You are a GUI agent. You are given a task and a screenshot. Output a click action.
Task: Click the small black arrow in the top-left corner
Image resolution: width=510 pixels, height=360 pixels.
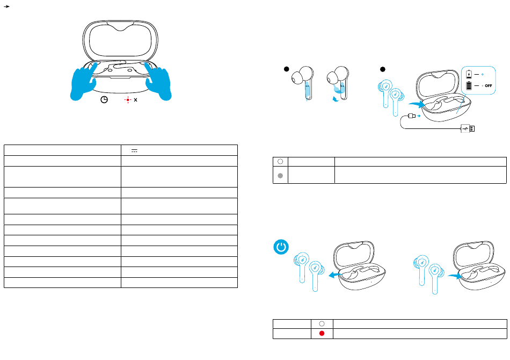pos(6,6)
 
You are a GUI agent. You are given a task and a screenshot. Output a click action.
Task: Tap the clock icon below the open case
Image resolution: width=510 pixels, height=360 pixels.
pos(104,99)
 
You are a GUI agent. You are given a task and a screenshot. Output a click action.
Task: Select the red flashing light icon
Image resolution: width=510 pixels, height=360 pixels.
pos(128,100)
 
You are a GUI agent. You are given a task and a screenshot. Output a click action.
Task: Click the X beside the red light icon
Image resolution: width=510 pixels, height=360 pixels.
pos(135,100)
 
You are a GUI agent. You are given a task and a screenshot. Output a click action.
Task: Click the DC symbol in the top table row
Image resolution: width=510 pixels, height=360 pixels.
pos(134,150)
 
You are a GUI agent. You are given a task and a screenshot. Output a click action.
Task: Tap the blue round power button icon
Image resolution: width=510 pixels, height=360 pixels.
pos(281,247)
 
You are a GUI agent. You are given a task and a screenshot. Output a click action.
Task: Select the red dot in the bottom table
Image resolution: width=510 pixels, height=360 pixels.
pos(322,333)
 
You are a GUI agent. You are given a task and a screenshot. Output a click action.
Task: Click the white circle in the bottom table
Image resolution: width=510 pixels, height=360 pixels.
pos(322,324)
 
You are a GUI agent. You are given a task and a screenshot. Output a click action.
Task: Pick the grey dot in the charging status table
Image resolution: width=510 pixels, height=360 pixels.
pos(280,176)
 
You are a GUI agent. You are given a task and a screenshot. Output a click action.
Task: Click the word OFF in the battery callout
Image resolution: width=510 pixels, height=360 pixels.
pos(488,85)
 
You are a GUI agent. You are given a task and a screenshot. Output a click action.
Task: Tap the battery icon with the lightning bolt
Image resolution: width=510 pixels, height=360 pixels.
pos(469,74)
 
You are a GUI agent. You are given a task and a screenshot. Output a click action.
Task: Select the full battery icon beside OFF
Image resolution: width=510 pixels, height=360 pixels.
pos(469,85)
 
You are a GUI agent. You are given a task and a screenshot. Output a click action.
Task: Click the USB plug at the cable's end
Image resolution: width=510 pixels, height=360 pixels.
pos(468,128)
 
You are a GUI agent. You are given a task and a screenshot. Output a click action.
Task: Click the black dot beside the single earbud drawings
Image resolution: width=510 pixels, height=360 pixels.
pos(287,69)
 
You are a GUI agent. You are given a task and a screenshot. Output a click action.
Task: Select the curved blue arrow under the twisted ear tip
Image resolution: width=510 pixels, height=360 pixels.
pos(336,99)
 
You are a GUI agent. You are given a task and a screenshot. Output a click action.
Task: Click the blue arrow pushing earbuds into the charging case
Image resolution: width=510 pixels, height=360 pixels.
pos(417,104)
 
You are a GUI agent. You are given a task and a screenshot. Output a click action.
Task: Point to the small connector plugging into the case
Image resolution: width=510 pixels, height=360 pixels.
pos(412,116)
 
